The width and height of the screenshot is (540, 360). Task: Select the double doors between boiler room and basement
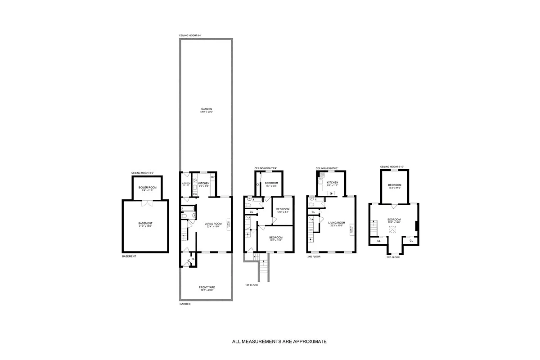pyautogui.click(x=145, y=203)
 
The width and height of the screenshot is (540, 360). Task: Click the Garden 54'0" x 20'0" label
pyautogui.click(x=206, y=110)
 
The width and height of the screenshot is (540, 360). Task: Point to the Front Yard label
pyautogui.click(x=206, y=288)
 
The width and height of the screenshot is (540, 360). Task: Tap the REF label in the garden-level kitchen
pyautogui.click(x=212, y=177)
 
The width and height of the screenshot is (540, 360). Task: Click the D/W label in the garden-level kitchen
pyautogui.click(x=195, y=194)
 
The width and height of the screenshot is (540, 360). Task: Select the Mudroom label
pyautogui.click(x=186, y=184)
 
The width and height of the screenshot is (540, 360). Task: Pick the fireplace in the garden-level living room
pyautogui.click(x=228, y=224)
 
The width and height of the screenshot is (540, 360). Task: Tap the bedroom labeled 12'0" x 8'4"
pyautogui.click(x=282, y=210)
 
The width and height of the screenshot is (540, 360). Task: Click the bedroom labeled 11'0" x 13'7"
pyautogui.click(x=275, y=238)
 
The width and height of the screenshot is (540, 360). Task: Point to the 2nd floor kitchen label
pyautogui.click(x=333, y=183)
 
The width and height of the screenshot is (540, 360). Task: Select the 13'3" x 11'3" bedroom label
pyautogui.click(x=395, y=186)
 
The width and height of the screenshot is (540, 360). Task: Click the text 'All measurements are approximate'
pyautogui.click(x=279, y=342)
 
